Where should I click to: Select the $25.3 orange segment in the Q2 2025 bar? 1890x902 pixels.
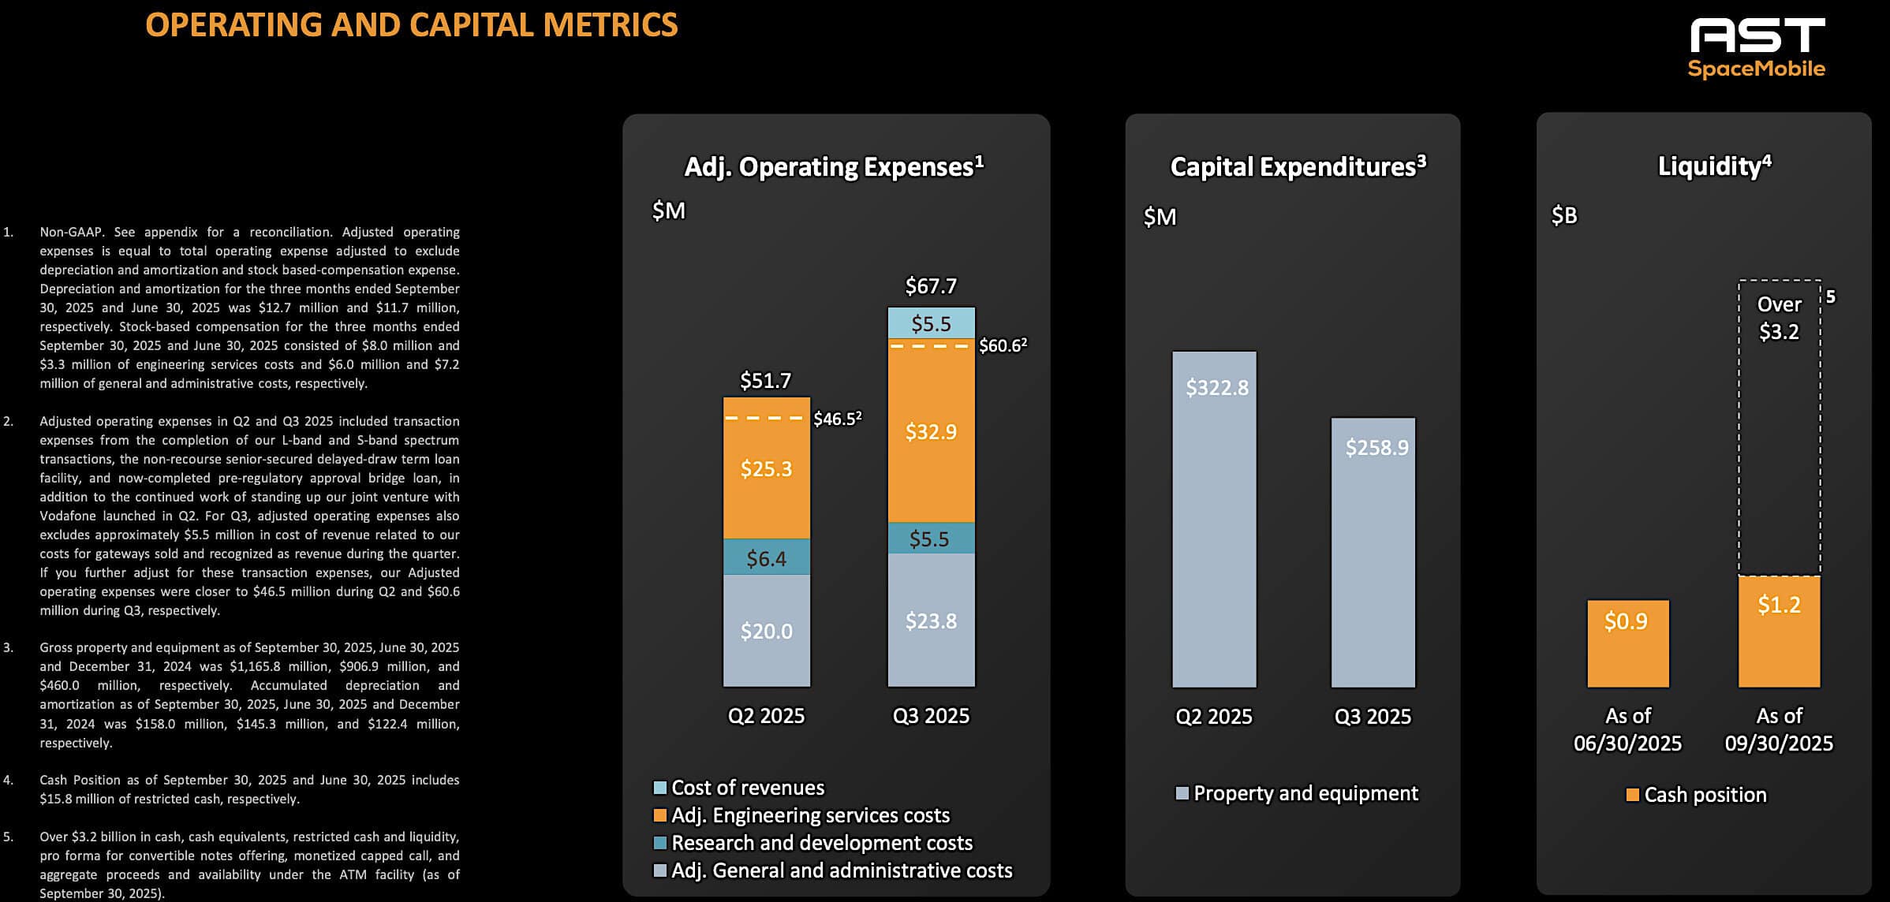tap(766, 468)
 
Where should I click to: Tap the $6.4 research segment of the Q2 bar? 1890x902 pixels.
tap(766, 557)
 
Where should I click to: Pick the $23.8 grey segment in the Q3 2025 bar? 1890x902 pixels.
tap(931, 621)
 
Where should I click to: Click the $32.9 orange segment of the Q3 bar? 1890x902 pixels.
tap(931, 432)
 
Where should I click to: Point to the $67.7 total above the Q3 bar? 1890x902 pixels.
tap(931, 286)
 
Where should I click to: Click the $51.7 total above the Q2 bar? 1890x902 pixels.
tap(765, 381)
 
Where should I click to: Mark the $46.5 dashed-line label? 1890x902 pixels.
tap(837, 419)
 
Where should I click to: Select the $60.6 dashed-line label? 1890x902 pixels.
tap(1003, 346)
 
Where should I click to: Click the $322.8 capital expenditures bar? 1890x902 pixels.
tap(1214, 519)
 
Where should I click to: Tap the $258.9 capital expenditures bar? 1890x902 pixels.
tap(1373, 552)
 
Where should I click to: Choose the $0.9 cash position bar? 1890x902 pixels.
tap(1627, 643)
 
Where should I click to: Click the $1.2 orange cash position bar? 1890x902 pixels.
tap(1779, 631)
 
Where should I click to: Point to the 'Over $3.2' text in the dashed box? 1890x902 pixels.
tap(1779, 318)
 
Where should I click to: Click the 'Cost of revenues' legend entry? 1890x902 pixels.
tap(747, 788)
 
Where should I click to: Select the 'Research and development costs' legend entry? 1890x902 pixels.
tap(821, 843)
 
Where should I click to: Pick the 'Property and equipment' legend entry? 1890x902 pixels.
tap(1305, 793)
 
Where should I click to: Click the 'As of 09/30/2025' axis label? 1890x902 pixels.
tap(1779, 729)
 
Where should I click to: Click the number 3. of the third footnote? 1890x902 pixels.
tap(9, 647)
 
